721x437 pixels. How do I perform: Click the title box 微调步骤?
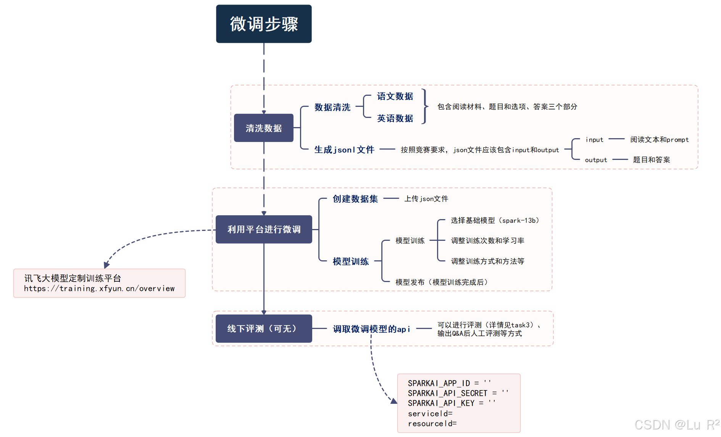coord(264,24)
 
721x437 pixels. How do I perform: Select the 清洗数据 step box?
coord(264,128)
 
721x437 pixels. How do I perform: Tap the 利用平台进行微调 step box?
coord(264,229)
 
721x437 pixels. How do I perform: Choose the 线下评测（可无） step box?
coord(264,329)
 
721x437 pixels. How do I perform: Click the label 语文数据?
coord(395,96)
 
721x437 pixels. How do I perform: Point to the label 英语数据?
coord(395,118)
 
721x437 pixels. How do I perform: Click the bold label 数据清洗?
coord(332,107)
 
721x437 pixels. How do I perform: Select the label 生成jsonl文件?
coord(344,150)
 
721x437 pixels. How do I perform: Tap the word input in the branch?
coord(594,140)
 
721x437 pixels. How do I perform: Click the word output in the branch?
coord(596,160)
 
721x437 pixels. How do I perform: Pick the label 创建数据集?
coord(355,199)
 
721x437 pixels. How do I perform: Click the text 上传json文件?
coord(426,199)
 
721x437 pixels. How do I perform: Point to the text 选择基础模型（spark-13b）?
coord(495,221)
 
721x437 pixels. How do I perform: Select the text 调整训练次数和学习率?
coord(487,241)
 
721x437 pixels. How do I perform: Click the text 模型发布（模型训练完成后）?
coord(442,282)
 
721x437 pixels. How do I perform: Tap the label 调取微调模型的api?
coord(371,329)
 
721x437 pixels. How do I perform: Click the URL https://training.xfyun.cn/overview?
coord(99,289)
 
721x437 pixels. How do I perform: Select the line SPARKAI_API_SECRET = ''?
coord(458,393)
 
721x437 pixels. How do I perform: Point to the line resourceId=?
coord(432,424)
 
